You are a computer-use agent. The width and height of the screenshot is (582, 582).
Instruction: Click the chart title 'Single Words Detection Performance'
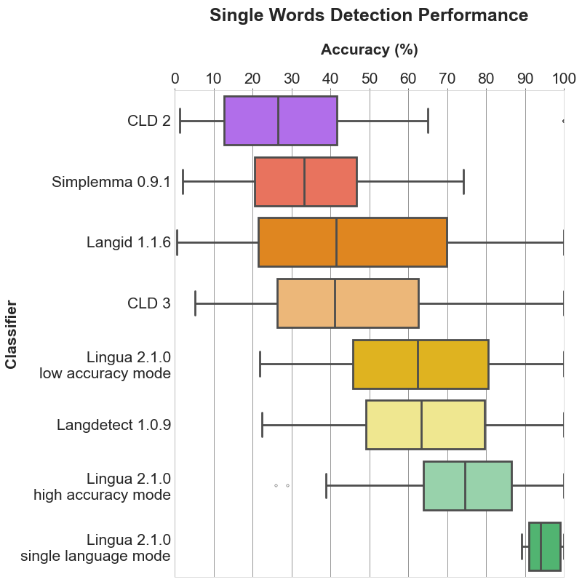click(369, 15)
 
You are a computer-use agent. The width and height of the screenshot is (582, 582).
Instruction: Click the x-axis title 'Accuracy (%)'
click(369, 49)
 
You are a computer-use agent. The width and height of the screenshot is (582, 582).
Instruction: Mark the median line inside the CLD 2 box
click(278, 121)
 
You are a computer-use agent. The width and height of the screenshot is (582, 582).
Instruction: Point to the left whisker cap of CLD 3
click(195, 303)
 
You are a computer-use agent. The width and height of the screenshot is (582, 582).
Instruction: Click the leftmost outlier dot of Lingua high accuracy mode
click(276, 485)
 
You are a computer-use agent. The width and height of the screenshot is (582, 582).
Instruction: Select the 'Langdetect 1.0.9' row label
click(113, 425)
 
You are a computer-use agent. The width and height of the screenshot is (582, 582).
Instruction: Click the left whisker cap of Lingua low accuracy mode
click(260, 364)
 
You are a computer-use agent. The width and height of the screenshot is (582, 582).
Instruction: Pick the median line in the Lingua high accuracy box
click(465, 485)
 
